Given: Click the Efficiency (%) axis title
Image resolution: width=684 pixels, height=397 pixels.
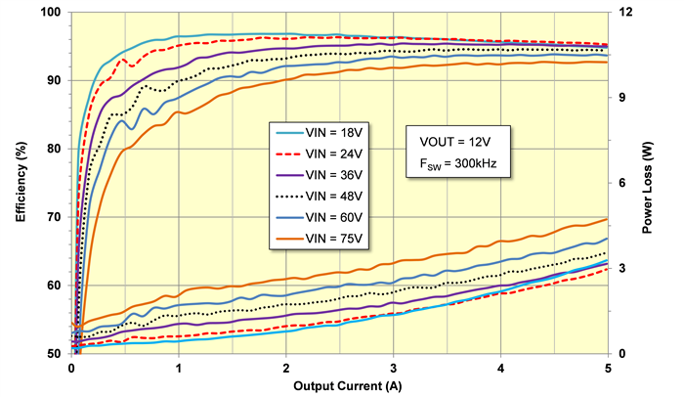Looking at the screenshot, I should tap(20, 182).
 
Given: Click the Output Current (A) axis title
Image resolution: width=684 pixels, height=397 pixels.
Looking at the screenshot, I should tap(338, 385).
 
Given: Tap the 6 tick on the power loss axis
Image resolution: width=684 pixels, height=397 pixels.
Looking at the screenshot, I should tap(620, 183).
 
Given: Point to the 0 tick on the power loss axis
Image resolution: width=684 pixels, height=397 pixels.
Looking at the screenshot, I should tap(620, 353).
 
